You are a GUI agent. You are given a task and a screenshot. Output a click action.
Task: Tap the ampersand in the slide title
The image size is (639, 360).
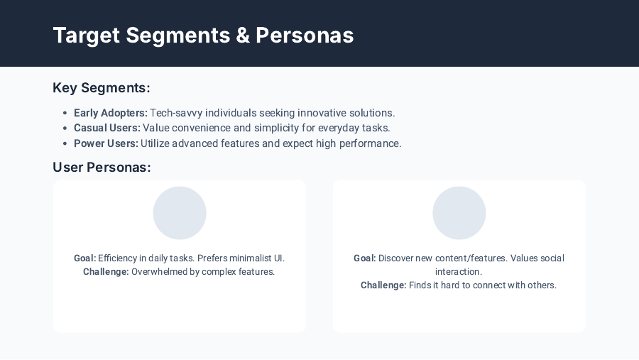[243, 35]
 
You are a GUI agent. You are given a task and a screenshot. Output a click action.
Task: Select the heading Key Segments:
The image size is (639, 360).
[102, 88]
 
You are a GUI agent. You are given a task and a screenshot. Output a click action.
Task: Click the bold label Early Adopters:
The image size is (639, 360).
[111, 113]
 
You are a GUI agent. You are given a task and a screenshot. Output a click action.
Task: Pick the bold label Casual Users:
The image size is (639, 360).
[106, 128]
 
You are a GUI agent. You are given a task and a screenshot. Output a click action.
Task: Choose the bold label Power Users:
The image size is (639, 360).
[106, 143]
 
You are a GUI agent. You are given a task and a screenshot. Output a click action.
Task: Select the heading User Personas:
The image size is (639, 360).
[102, 168]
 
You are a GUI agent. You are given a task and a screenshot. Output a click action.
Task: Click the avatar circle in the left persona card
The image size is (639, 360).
[180, 213]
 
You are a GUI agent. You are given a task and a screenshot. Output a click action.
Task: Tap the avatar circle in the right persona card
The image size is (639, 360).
[459, 213]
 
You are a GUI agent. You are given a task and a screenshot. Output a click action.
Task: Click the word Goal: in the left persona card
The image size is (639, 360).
[84, 258]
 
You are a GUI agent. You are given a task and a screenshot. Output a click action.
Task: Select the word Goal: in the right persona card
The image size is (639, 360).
[365, 258]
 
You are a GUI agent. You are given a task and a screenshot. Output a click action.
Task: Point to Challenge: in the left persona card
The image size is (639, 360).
[106, 271]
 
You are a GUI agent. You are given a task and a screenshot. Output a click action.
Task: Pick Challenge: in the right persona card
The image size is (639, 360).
[383, 285]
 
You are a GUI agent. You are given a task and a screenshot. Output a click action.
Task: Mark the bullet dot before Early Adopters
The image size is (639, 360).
[65, 113]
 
